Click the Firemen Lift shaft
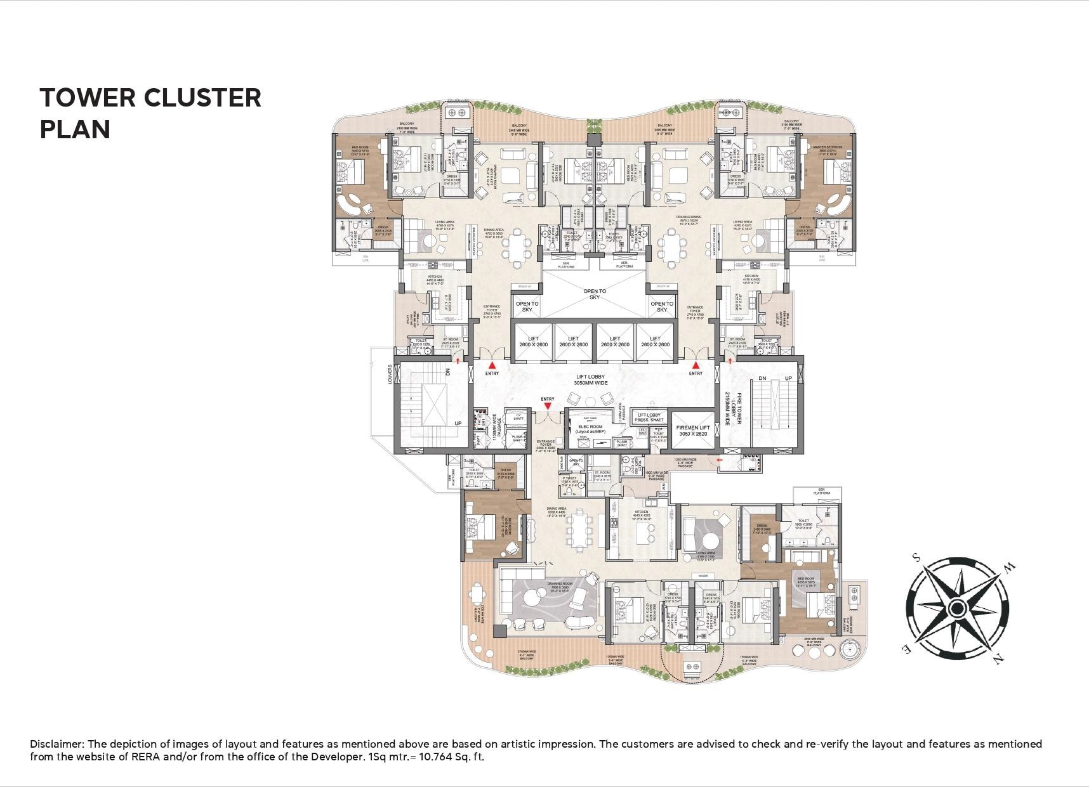(x=692, y=431)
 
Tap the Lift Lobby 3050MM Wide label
(x=594, y=380)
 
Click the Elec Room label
(x=590, y=429)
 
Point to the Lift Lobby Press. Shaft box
(x=649, y=417)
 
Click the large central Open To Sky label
(x=594, y=294)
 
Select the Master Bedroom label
(x=827, y=147)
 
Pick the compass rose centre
(x=956, y=609)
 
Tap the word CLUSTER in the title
(x=202, y=98)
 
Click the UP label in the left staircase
(x=457, y=423)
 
